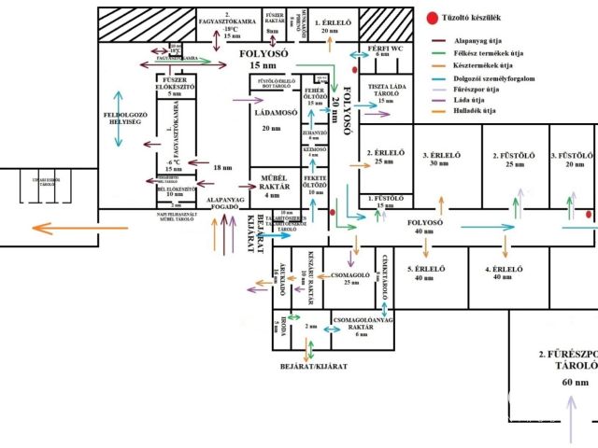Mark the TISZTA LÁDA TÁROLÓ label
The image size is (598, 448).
point(379,92)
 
